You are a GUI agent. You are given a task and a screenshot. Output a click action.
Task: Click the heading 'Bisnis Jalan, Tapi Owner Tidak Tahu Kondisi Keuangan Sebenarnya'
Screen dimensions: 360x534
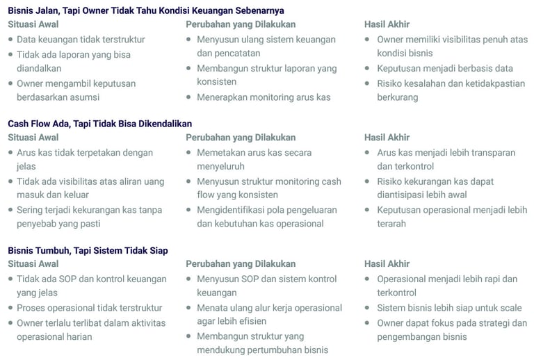pos(146,10)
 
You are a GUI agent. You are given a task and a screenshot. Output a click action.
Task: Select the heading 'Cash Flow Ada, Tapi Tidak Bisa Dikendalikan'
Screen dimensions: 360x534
pos(99,124)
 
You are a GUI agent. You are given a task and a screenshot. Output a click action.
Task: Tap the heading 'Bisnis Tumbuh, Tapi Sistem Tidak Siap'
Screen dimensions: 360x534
pos(88,250)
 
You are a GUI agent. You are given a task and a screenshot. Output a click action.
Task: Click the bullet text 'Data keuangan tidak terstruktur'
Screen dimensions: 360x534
pos(76,40)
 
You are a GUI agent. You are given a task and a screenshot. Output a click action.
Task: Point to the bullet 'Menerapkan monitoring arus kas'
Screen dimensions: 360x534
pos(264,97)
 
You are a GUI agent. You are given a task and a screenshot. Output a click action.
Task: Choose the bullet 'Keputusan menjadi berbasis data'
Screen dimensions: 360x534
pos(445,68)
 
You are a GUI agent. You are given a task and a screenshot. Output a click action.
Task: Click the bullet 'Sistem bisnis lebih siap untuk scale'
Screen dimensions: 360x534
pos(449,308)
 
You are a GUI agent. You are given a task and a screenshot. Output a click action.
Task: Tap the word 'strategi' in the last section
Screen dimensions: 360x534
pos(489,322)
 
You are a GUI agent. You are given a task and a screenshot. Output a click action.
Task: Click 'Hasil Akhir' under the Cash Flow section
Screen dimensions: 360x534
pos(387,138)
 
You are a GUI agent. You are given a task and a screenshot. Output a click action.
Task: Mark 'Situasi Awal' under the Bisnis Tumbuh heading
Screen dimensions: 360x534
pos(33,264)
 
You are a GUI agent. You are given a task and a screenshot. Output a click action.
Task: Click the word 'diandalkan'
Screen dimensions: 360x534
pos(39,68)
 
